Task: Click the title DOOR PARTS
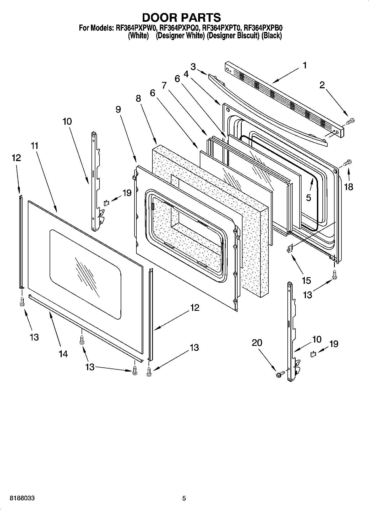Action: (181, 17)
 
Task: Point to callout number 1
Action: (305, 65)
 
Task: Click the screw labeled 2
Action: (351, 121)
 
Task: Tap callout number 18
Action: (349, 187)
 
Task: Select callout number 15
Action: (306, 281)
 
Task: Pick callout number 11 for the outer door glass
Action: (35, 146)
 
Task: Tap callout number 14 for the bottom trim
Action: (63, 354)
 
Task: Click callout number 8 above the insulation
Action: (138, 98)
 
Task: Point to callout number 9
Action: (118, 110)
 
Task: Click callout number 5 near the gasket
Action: (308, 197)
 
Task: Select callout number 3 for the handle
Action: (193, 66)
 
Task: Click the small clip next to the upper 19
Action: (106, 203)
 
